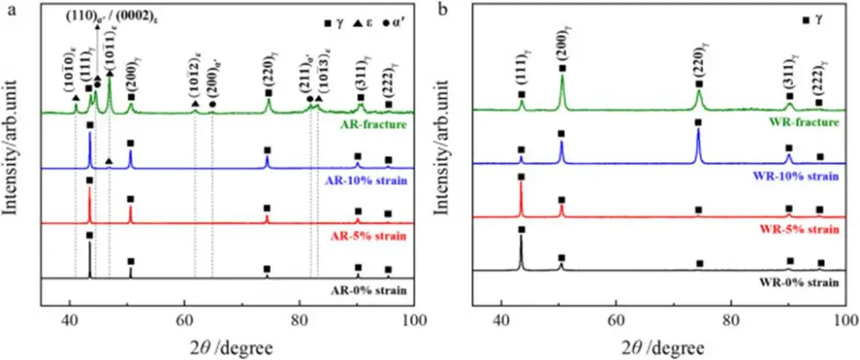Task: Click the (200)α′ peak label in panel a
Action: click(212, 84)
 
